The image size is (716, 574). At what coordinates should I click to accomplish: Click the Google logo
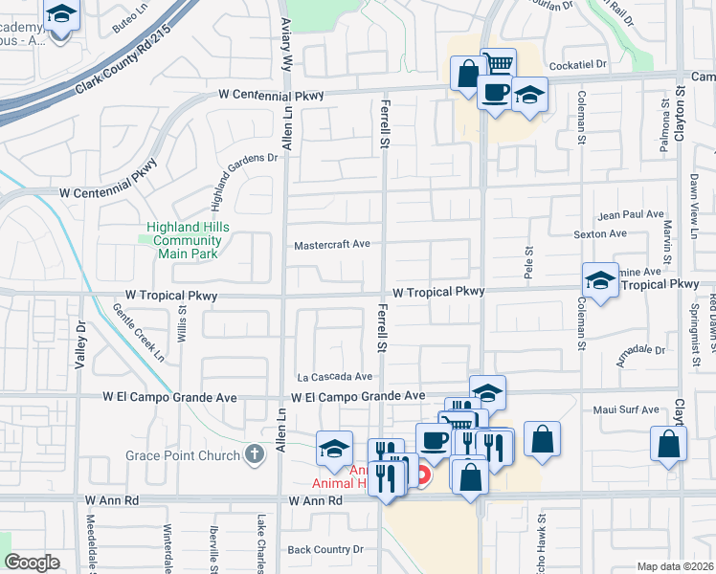(x=32, y=563)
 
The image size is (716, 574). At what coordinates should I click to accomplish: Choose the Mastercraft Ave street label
(x=332, y=245)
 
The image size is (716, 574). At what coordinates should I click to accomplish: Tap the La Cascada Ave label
(x=334, y=377)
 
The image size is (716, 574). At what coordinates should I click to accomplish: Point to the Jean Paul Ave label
(x=630, y=215)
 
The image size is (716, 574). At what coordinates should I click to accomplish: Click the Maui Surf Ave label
(x=625, y=410)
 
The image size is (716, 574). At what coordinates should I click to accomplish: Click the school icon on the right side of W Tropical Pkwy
(x=600, y=280)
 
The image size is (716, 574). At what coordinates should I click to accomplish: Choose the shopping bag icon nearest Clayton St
(x=668, y=444)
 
